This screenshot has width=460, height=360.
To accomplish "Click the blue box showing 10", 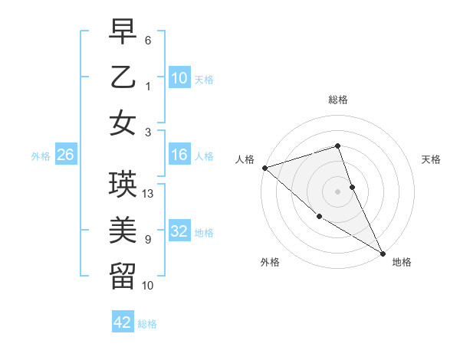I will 179,77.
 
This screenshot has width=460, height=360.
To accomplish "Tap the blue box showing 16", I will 179,155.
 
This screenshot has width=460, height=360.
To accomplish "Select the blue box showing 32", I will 179,231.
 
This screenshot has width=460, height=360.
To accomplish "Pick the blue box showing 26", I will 65,155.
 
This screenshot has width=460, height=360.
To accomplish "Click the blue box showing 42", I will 123,322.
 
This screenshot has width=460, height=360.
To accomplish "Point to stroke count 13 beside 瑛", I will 149,194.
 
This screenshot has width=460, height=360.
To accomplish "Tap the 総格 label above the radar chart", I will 337,100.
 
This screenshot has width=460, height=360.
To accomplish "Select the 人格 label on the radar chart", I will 245,159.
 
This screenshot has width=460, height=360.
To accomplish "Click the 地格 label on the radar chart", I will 402,262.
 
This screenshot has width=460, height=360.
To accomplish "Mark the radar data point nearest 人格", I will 264,167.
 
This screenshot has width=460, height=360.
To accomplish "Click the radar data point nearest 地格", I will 383,254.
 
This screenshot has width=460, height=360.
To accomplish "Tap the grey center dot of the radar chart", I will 337,191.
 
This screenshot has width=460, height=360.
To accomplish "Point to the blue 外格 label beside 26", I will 40,155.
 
